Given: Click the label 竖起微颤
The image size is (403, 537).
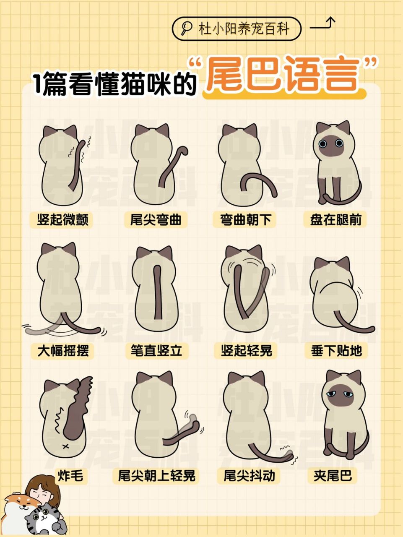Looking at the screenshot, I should pos(62,219).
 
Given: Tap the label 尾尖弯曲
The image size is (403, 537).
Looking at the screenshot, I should pos(156,219).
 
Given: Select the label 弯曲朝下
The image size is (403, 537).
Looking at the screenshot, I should pos(246,219).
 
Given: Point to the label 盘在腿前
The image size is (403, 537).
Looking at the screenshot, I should pos(335,219).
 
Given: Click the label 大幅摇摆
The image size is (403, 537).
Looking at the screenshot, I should pos(63,350).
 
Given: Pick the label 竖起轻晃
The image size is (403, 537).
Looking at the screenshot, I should pos(247,350).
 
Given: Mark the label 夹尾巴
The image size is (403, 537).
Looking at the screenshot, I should pos(333,476).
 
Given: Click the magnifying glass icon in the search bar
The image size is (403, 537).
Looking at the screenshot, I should pos(185,29).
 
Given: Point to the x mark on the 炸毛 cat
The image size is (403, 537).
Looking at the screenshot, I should pos(65,446).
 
